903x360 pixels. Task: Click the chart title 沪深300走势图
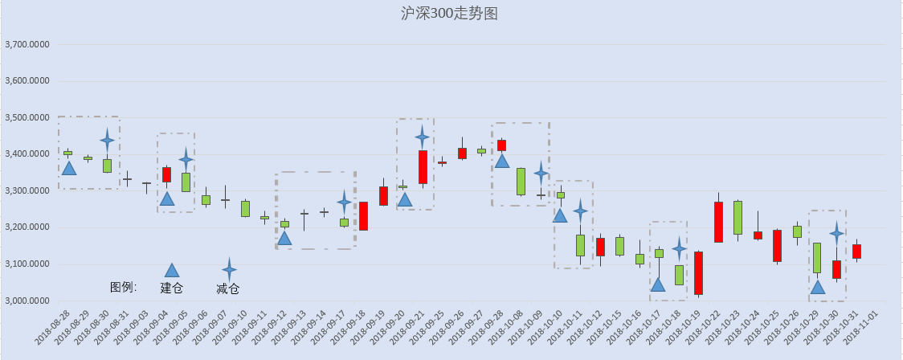click(449, 13)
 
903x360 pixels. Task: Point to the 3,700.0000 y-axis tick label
click(27, 44)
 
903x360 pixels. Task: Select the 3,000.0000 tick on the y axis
click(27, 301)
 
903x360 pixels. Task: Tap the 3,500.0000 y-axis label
click(27, 117)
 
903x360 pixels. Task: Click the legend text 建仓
click(172, 288)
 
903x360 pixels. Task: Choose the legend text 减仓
click(228, 288)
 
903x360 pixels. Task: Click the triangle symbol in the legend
click(172, 270)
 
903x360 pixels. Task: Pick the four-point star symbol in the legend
click(229, 269)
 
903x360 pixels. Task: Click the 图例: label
click(123, 287)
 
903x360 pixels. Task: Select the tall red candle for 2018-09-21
click(423, 166)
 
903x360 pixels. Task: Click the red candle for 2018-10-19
click(699, 273)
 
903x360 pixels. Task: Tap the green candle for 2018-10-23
click(738, 218)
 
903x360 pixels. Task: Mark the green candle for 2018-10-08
click(521, 182)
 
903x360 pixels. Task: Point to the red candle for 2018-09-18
click(363, 216)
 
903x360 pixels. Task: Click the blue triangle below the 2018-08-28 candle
click(68, 168)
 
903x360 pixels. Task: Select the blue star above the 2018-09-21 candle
click(422, 137)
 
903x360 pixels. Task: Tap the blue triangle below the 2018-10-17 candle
click(658, 284)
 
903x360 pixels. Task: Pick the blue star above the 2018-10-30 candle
click(837, 233)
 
